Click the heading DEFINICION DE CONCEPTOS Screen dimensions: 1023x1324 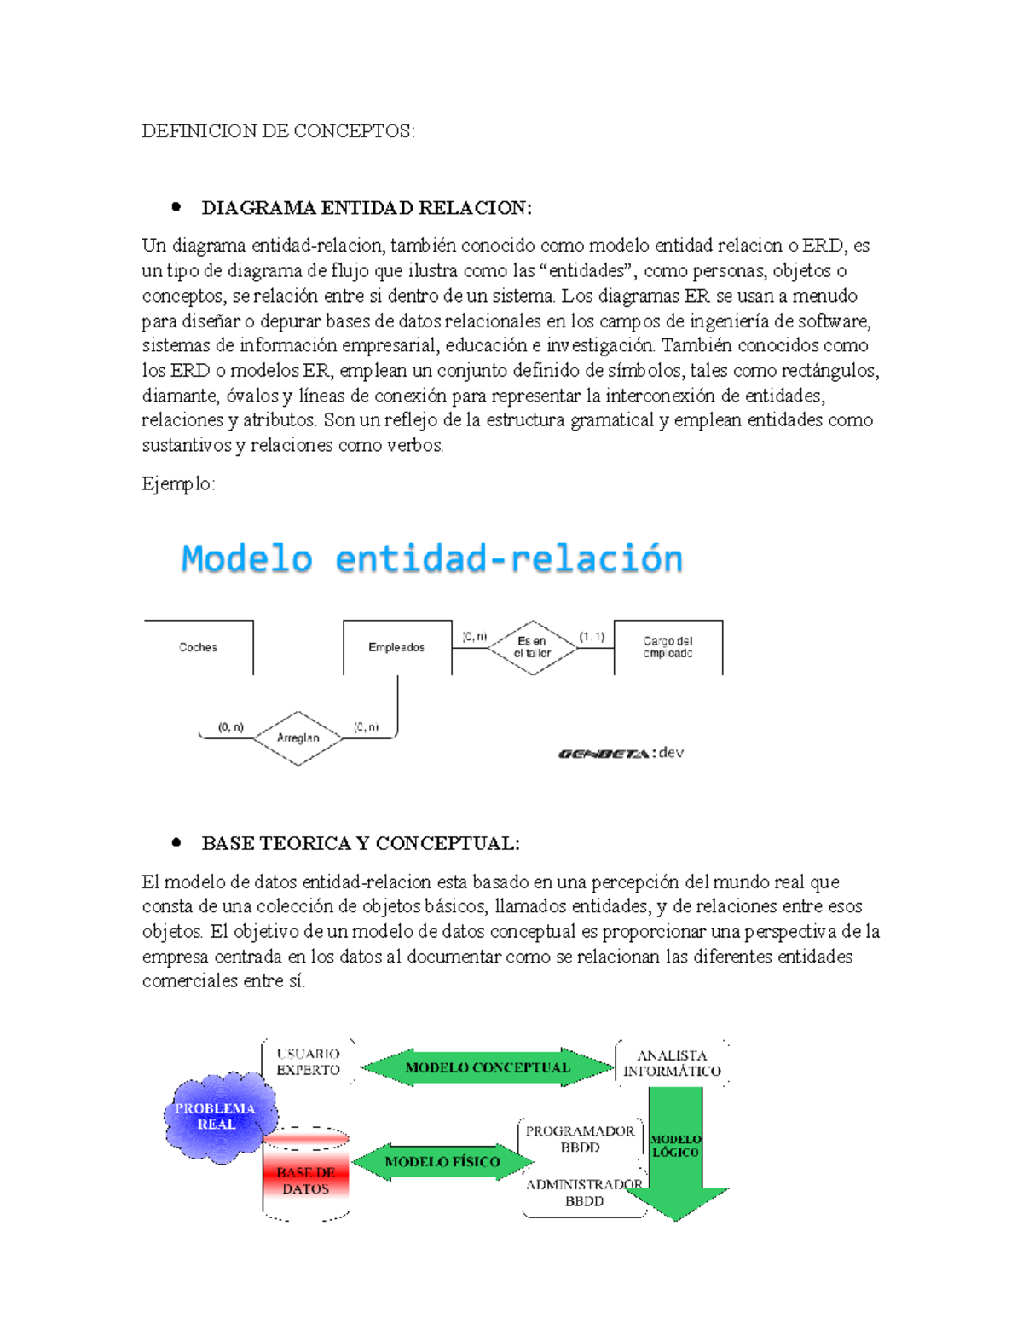point(278,130)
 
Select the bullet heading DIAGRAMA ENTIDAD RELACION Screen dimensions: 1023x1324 point(366,208)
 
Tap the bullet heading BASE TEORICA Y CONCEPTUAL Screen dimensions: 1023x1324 point(360,843)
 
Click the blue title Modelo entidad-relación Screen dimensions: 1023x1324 point(432,559)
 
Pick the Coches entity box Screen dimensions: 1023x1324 point(199,647)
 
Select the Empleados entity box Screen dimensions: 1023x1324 point(396,647)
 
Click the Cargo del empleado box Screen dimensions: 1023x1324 point(668,647)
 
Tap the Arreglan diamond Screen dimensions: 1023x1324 point(298,738)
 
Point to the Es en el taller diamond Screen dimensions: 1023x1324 point(532,647)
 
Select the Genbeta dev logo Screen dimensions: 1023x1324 point(621,753)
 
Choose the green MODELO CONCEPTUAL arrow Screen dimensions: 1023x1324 point(487,1067)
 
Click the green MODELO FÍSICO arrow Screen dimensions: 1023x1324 point(442,1162)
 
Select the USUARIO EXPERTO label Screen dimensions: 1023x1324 point(308,1062)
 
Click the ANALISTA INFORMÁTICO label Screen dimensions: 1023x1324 point(672,1063)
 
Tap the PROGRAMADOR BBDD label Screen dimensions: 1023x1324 point(580,1139)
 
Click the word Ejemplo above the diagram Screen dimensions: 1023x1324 point(177,484)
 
